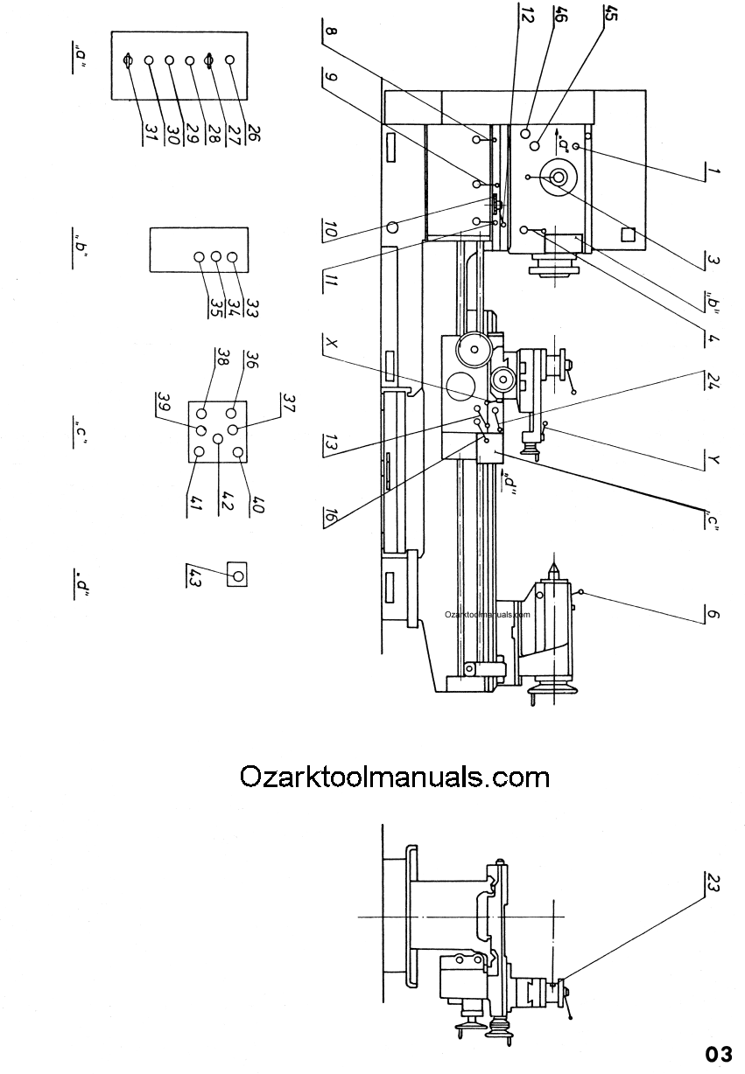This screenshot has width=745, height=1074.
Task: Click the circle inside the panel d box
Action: tap(237, 575)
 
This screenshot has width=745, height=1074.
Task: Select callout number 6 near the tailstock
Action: tap(713, 614)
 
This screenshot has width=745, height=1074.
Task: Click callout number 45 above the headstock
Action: tap(610, 13)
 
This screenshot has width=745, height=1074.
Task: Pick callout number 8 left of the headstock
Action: tap(331, 32)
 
